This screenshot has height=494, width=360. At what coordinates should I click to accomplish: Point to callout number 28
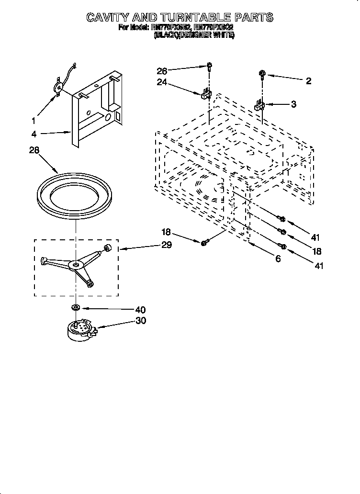pos(34,150)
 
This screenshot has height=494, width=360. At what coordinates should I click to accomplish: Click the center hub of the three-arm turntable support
pos(75,264)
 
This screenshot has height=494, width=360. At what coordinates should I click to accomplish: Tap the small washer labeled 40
pos(76,307)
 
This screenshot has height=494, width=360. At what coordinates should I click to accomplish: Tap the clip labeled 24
pos(205,93)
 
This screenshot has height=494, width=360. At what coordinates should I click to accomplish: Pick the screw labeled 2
pos(262,74)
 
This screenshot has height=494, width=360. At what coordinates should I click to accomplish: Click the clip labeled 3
pos(259,105)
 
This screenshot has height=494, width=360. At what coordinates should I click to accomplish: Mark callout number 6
pos(278,259)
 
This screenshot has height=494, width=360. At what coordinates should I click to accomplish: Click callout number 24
pos(162,82)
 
